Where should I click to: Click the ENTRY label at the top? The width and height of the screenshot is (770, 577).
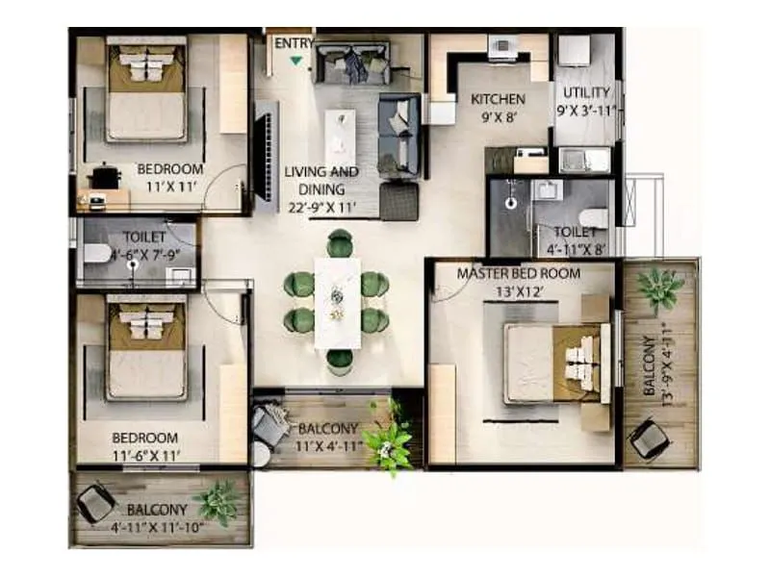[294, 43]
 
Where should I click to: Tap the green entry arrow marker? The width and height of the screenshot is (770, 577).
[295, 62]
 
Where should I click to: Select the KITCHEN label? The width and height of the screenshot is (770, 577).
[498, 99]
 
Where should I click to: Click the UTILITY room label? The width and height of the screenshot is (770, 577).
[586, 92]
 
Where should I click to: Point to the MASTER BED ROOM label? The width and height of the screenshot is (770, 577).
[519, 274]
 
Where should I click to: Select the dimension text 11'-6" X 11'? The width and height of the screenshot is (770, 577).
[144, 456]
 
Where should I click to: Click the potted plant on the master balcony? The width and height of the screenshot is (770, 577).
[660, 288]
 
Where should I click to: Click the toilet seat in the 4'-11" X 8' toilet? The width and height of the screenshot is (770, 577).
[594, 218]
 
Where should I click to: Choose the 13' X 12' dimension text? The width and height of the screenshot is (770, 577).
[519, 290]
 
